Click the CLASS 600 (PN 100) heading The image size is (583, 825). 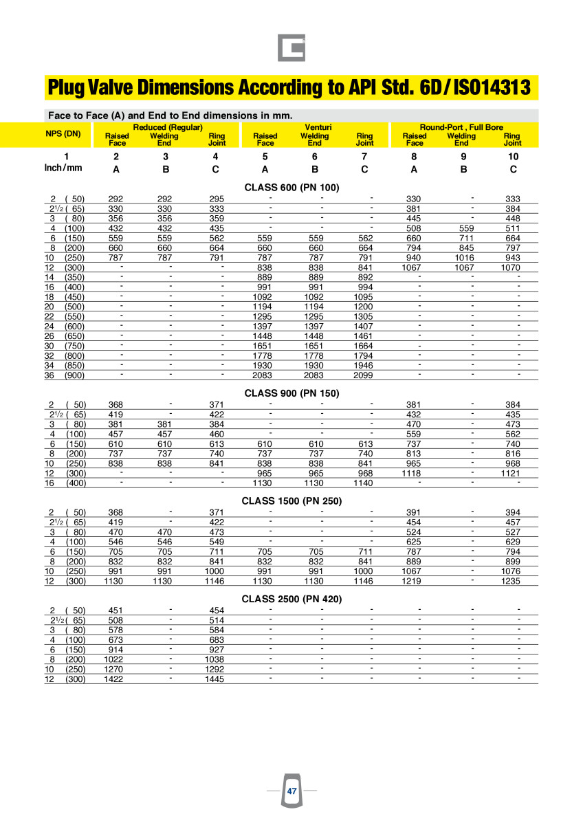tap(291, 187)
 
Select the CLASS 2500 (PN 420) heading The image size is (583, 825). tap(291, 599)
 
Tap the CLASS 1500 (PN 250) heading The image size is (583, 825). tap(291, 501)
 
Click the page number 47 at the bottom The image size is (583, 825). tap(291, 791)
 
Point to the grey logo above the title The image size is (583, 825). tap(291, 47)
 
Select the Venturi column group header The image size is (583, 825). tap(316, 127)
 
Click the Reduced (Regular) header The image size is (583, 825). tap(168, 127)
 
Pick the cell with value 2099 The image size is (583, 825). tap(364, 375)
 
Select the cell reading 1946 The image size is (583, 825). tap(364, 366)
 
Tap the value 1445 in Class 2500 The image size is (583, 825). tap(214, 679)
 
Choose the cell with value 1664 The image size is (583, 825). tap(364, 346)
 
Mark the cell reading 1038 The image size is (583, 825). tap(214, 659)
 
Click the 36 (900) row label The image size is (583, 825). tap(65, 375)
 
